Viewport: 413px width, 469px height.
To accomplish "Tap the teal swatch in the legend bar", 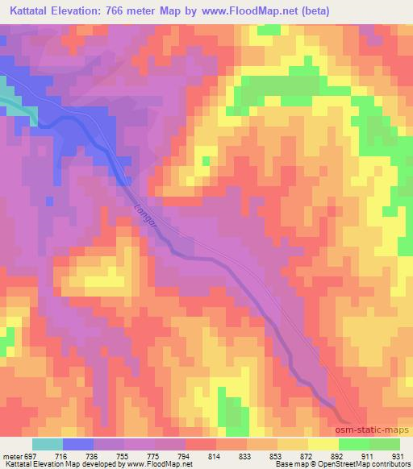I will (48, 444).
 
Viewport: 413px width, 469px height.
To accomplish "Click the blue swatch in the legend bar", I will (78, 444).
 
